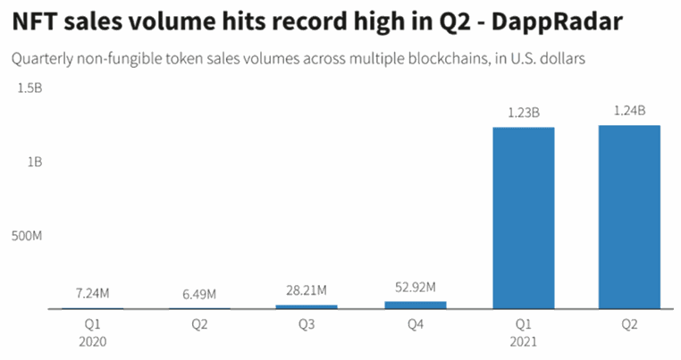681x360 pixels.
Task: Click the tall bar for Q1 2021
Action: tap(522, 218)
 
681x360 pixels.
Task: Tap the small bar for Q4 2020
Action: tap(415, 305)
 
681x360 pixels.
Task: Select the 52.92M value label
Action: tap(415, 287)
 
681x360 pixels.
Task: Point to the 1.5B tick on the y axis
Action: tap(29, 88)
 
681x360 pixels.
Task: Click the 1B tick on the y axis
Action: tap(35, 163)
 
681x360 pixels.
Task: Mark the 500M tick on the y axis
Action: tap(25, 237)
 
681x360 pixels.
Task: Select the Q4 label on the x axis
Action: tap(415, 325)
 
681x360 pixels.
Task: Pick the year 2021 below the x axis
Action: tap(522, 341)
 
